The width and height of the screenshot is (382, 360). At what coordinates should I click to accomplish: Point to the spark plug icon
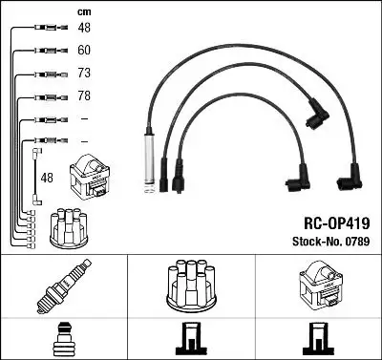point(63,287)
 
